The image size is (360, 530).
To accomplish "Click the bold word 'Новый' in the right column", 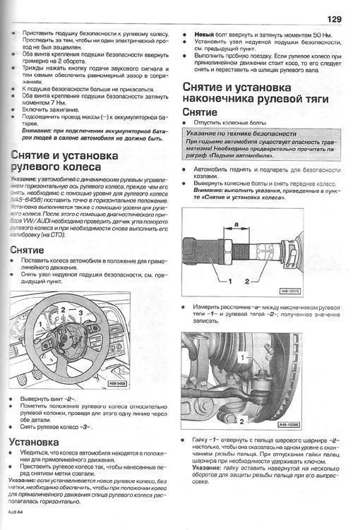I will pyautogui.click(x=204, y=34).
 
